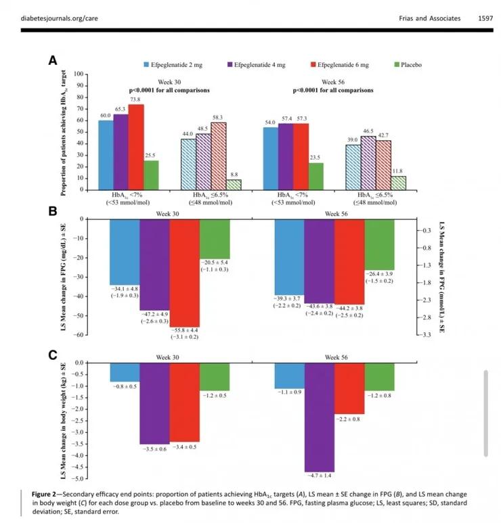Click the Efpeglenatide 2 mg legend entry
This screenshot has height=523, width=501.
coord(173,65)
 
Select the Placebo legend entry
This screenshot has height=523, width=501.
coord(408,65)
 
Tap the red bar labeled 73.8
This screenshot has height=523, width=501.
coord(136,147)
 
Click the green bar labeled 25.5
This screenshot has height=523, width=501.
coord(151,175)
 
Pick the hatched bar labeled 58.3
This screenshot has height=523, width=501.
coord(218,156)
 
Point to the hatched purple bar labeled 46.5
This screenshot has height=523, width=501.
coord(368,163)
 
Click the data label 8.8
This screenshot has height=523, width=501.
coord(234,175)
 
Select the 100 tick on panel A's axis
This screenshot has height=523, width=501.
coord(79,74)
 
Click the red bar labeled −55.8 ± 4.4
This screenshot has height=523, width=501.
coord(185,273)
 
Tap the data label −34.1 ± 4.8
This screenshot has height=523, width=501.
coord(125,289)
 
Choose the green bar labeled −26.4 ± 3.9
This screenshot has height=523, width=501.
coord(379,244)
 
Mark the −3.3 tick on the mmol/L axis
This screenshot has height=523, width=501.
coord(427,334)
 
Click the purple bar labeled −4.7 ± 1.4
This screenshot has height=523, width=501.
coord(320,417)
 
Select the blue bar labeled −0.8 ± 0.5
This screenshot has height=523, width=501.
coord(125,372)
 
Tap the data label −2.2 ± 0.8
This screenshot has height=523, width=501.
coord(349,419)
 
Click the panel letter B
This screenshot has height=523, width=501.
coord(53,211)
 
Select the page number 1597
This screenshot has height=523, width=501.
coord(485,18)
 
